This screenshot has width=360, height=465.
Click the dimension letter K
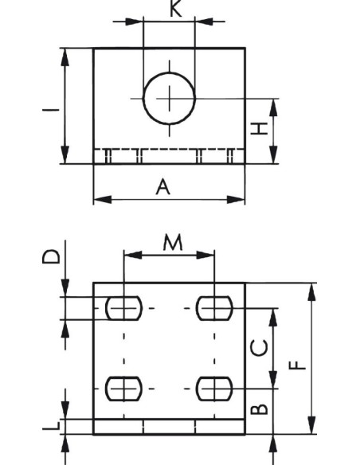click(x=176, y=8)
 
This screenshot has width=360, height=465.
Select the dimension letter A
click(x=163, y=187)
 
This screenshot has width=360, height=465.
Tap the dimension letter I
click(x=51, y=110)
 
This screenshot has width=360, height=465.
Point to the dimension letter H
click(x=259, y=129)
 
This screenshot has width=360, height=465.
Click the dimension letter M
click(x=173, y=242)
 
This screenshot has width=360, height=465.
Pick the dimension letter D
click(x=51, y=257)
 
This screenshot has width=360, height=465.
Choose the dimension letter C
click(x=259, y=348)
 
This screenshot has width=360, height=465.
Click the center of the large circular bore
click(x=170, y=99)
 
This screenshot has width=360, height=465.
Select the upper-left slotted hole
click(x=124, y=308)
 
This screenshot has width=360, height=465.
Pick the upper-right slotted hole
click(x=214, y=308)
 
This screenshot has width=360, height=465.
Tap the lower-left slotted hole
click(x=124, y=389)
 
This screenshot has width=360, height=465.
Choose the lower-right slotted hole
click(x=214, y=389)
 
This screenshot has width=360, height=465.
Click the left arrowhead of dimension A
click(x=103, y=200)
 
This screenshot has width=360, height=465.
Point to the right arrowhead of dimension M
click(x=205, y=255)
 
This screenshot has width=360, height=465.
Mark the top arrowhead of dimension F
click(x=311, y=292)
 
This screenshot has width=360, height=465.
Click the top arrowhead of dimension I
click(x=65, y=57)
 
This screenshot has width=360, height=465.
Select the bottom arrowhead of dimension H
click(x=273, y=154)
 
